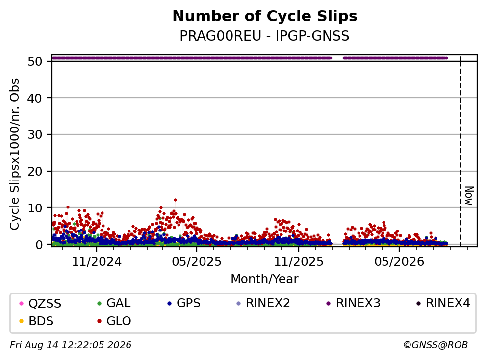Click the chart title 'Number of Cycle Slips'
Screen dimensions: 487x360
265,16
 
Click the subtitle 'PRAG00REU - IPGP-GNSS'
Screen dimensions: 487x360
265,36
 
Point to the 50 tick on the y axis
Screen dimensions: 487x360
35,61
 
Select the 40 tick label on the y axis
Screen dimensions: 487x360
35,98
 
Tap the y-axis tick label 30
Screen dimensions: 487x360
35,135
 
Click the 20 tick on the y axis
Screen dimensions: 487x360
35,171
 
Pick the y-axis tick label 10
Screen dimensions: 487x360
35,208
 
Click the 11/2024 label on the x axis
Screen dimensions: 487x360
97,262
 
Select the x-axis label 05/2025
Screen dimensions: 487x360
197,262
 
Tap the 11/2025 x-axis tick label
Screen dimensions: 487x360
299,262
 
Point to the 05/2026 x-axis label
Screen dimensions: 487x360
399,262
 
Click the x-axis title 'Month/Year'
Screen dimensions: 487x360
264,279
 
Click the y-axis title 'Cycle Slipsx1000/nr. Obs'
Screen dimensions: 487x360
15,154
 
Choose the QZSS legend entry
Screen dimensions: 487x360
40,303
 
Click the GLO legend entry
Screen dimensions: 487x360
114,321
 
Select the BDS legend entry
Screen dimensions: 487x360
36,321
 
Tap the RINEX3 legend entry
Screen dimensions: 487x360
354,303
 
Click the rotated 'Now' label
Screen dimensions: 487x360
469,196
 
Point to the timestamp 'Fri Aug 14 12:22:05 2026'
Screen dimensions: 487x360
71,345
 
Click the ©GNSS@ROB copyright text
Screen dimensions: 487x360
436,345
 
